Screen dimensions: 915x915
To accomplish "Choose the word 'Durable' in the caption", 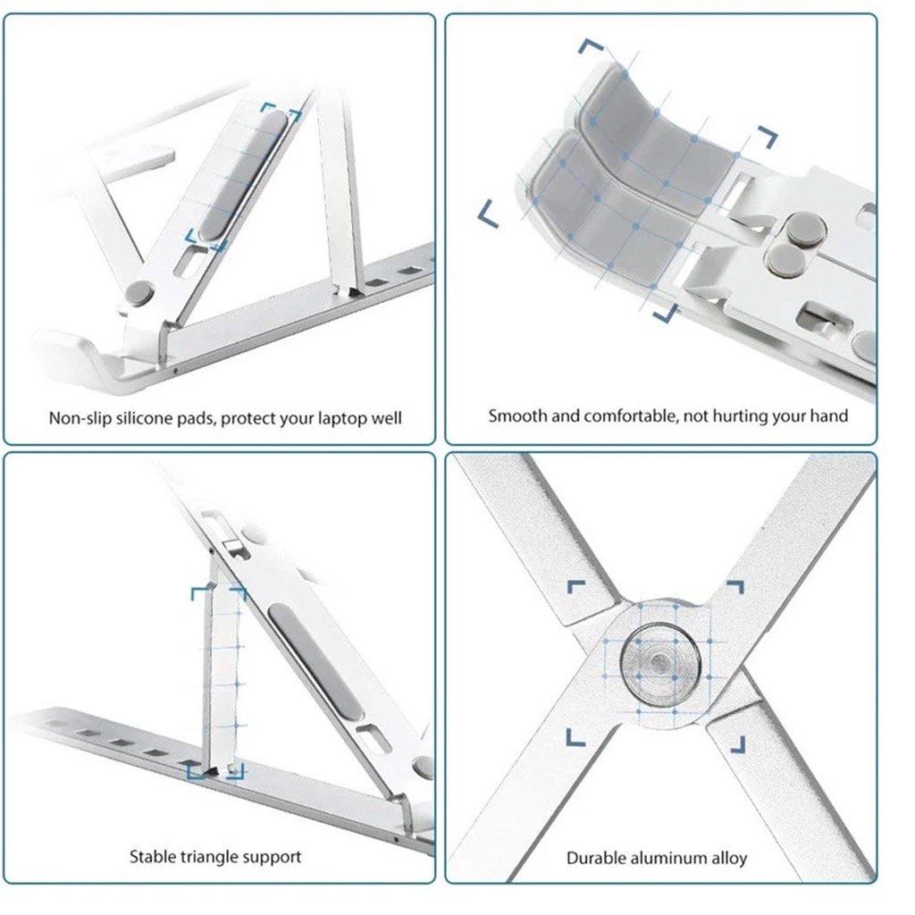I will coord(597,858).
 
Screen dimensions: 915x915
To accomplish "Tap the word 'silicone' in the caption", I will coord(147,417).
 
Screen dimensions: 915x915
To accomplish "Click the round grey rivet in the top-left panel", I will coord(140,292).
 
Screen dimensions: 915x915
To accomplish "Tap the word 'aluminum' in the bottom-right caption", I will coord(665,858).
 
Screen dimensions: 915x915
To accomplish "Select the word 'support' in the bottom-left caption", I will coord(272,857).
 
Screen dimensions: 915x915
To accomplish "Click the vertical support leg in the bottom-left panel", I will coord(222,679).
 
